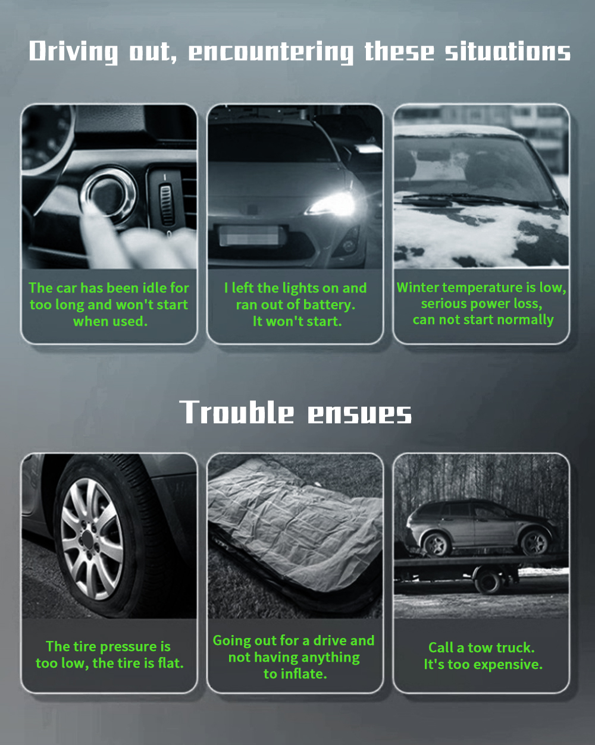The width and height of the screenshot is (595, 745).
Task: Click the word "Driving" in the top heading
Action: [x=73, y=52]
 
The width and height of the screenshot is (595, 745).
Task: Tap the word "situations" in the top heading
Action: [x=508, y=51]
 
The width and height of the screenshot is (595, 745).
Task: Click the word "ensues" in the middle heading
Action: [x=360, y=414]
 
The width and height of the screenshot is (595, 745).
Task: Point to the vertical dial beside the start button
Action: [x=167, y=205]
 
